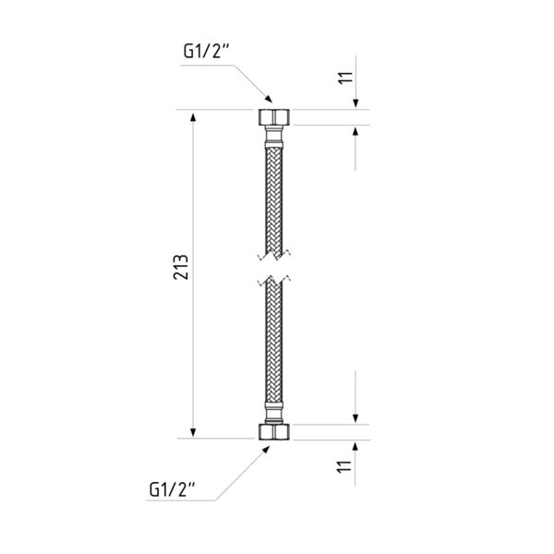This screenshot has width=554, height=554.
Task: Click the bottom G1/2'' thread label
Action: pos(172,489)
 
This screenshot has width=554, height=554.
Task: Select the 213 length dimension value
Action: pos(181,267)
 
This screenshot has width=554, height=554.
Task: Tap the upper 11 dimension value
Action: pos(345,78)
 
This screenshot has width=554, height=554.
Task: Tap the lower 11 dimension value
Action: pos(344,466)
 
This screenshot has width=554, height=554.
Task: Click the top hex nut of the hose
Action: pos(274,117)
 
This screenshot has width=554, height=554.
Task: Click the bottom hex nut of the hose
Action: pos(274,432)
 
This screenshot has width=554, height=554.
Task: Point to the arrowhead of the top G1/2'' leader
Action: pos(269,99)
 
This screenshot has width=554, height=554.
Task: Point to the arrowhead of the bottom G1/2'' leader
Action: pos(265,450)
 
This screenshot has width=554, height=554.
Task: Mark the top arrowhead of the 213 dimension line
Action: pos(193,115)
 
